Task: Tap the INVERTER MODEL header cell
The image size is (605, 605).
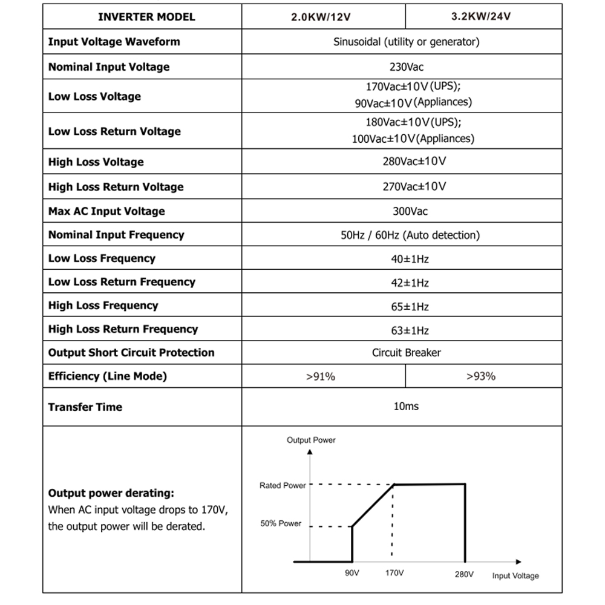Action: coord(146,17)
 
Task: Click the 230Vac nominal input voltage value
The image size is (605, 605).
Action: coord(406,67)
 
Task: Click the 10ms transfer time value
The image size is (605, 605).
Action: coord(406,406)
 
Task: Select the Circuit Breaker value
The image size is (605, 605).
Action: coord(406,353)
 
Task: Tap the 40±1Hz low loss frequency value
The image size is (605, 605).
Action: coord(410,259)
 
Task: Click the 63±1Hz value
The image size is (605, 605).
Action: coord(410,330)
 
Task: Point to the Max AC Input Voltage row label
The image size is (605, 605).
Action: coord(106,211)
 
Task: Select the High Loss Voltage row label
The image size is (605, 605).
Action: coord(96,162)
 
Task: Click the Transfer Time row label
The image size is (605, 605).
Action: coord(85,407)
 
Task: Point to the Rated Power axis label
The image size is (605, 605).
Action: coord(283,486)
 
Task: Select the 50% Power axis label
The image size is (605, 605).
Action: coord(281,523)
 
